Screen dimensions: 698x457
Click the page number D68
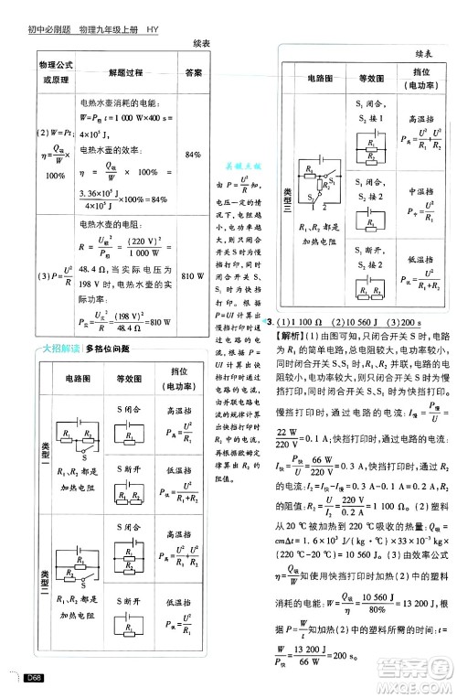36,678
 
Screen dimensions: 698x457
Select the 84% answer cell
193,156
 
